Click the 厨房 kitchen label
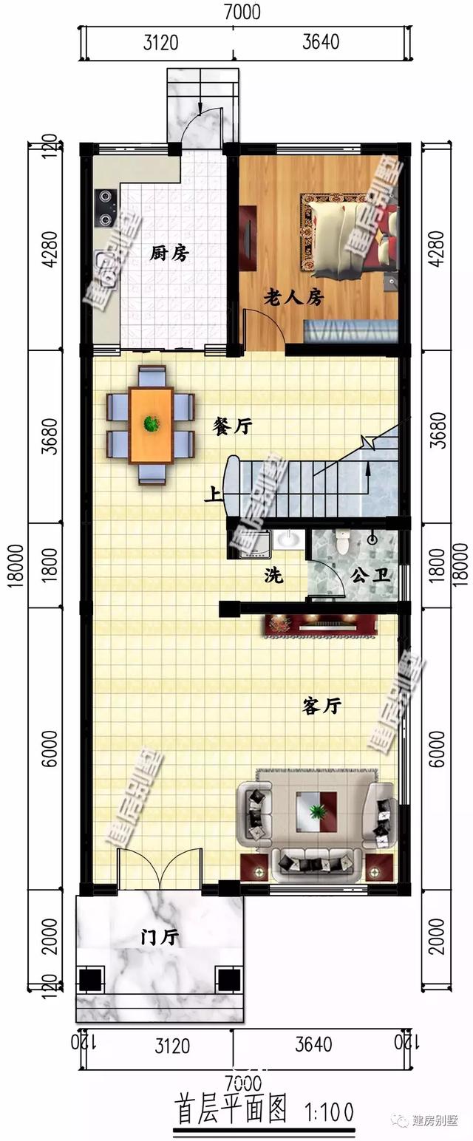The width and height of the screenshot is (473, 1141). [x=169, y=254]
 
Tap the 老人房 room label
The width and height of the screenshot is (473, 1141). [x=294, y=297]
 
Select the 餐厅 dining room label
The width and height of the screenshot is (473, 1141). [x=233, y=426]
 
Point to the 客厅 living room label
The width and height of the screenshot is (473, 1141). [x=321, y=706]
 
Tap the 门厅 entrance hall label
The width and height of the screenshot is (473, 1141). [x=160, y=938]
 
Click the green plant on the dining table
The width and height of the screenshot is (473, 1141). [x=152, y=423]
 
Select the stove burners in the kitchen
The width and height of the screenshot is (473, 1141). [x=106, y=207]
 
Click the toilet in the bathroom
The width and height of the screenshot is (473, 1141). [x=341, y=541]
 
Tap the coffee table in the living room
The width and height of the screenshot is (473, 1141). [x=317, y=811]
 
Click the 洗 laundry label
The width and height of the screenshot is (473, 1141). [x=273, y=576]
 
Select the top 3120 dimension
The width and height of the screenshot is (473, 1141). [x=160, y=42]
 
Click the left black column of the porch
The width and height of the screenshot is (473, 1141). [x=90, y=980]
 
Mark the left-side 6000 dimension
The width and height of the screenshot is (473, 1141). [x=49, y=748]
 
